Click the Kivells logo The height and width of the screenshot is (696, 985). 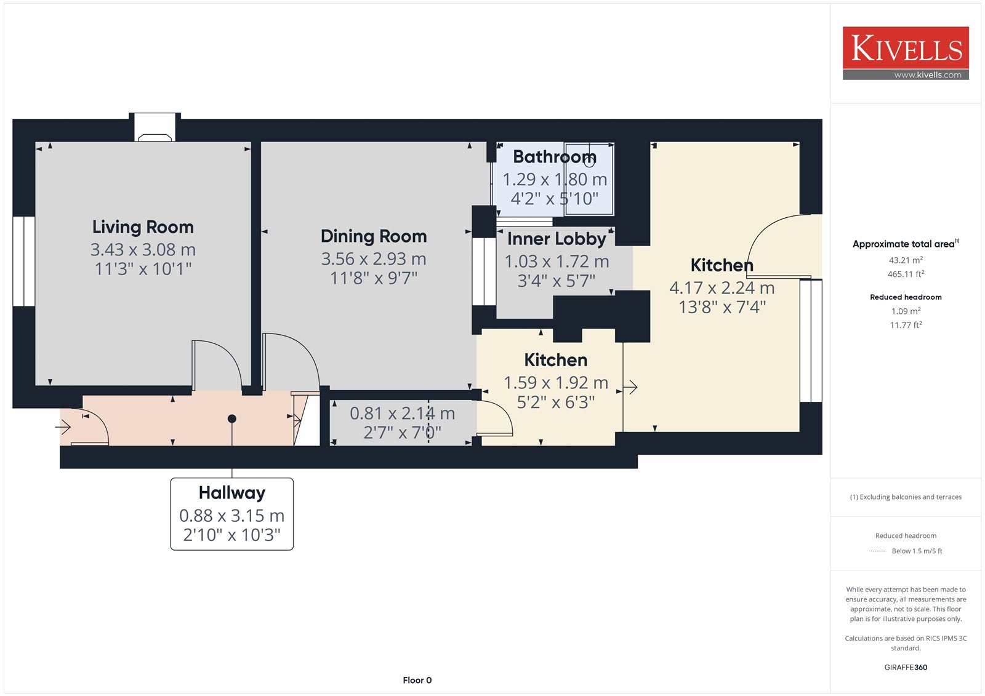point(906,53)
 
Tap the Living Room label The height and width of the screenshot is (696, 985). point(143,227)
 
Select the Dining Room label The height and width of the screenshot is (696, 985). point(374,236)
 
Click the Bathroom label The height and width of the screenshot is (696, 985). point(555,157)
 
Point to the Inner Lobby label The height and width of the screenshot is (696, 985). point(557,239)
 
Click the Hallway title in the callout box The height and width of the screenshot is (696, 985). point(231,493)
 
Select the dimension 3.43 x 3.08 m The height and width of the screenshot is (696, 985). point(143,250)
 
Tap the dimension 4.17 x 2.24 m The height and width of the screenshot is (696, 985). point(722,288)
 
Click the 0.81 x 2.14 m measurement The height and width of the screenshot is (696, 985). point(403,414)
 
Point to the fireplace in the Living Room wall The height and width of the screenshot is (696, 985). point(155,127)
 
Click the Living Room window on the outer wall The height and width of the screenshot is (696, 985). point(24,261)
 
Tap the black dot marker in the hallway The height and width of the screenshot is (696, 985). point(231,419)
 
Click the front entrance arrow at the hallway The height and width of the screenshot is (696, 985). point(63,426)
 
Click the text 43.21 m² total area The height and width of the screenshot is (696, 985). point(906,260)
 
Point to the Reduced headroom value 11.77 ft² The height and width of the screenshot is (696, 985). point(906,326)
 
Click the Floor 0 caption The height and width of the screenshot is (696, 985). point(417,680)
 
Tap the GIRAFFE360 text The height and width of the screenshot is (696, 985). point(906,668)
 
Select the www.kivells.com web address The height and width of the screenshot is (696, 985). point(928,75)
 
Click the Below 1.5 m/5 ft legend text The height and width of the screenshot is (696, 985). point(917,551)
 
